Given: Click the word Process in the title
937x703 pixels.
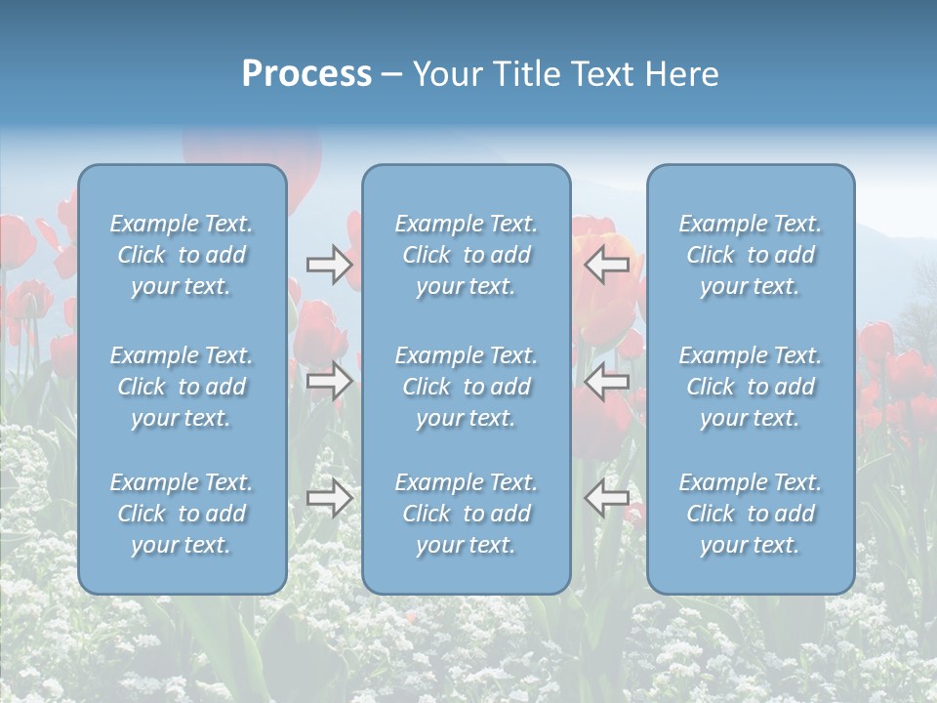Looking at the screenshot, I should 306,74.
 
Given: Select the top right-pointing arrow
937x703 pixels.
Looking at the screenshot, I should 329,264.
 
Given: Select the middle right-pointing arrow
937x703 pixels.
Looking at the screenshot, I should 329,381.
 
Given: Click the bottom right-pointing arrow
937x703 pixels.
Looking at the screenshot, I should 329,499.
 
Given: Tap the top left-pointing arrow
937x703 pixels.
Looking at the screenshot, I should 606,264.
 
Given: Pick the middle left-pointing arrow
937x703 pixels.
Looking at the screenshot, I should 606,381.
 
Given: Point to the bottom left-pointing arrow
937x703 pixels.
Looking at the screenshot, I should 606,499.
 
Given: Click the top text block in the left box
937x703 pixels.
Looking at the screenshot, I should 182,255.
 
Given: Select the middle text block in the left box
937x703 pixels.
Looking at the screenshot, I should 182,387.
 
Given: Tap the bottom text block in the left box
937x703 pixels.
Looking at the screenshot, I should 182,514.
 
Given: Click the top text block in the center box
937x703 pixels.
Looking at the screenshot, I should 466,255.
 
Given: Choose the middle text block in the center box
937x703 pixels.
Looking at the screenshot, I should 466,387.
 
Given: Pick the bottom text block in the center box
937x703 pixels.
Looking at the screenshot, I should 466,514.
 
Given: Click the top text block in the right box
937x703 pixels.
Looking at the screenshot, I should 750,255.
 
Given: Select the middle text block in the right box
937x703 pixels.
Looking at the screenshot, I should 750,387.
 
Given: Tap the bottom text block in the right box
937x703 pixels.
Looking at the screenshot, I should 750,514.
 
